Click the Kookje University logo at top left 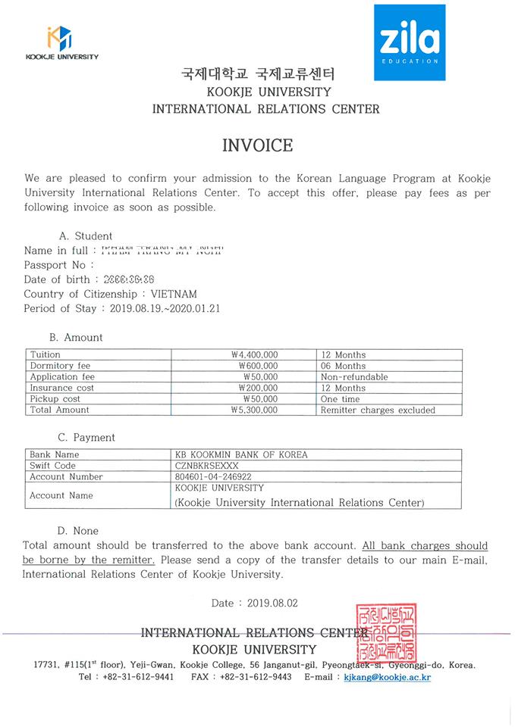pyautogui.click(x=60, y=42)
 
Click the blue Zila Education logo pyautogui.click(x=410, y=42)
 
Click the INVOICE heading pyautogui.click(x=257, y=145)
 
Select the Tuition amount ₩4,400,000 pyautogui.click(x=254, y=354)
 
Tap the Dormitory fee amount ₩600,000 pyautogui.click(x=258, y=366)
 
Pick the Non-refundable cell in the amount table pyautogui.click(x=354, y=376)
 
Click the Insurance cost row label pyautogui.click(x=62, y=388)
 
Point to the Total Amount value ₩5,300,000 pyautogui.click(x=254, y=410)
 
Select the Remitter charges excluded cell pyautogui.click(x=378, y=410)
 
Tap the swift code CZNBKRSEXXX pyautogui.click(x=206, y=466)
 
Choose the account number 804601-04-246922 pyautogui.click(x=213, y=477)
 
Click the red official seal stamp pyautogui.click(x=384, y=632)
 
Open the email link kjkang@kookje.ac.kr pyautogui.click(x=387, y=677)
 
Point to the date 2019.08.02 pyautogui.click(x=268, y=603)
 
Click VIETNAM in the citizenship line pyautogui.click(x=174, y=294)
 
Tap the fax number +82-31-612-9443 pyautogui.click(x=256, y=677)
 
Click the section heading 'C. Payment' pyautogui.click(x=86, y=438)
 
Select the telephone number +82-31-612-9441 pyautogui.click(x=137, y=677)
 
